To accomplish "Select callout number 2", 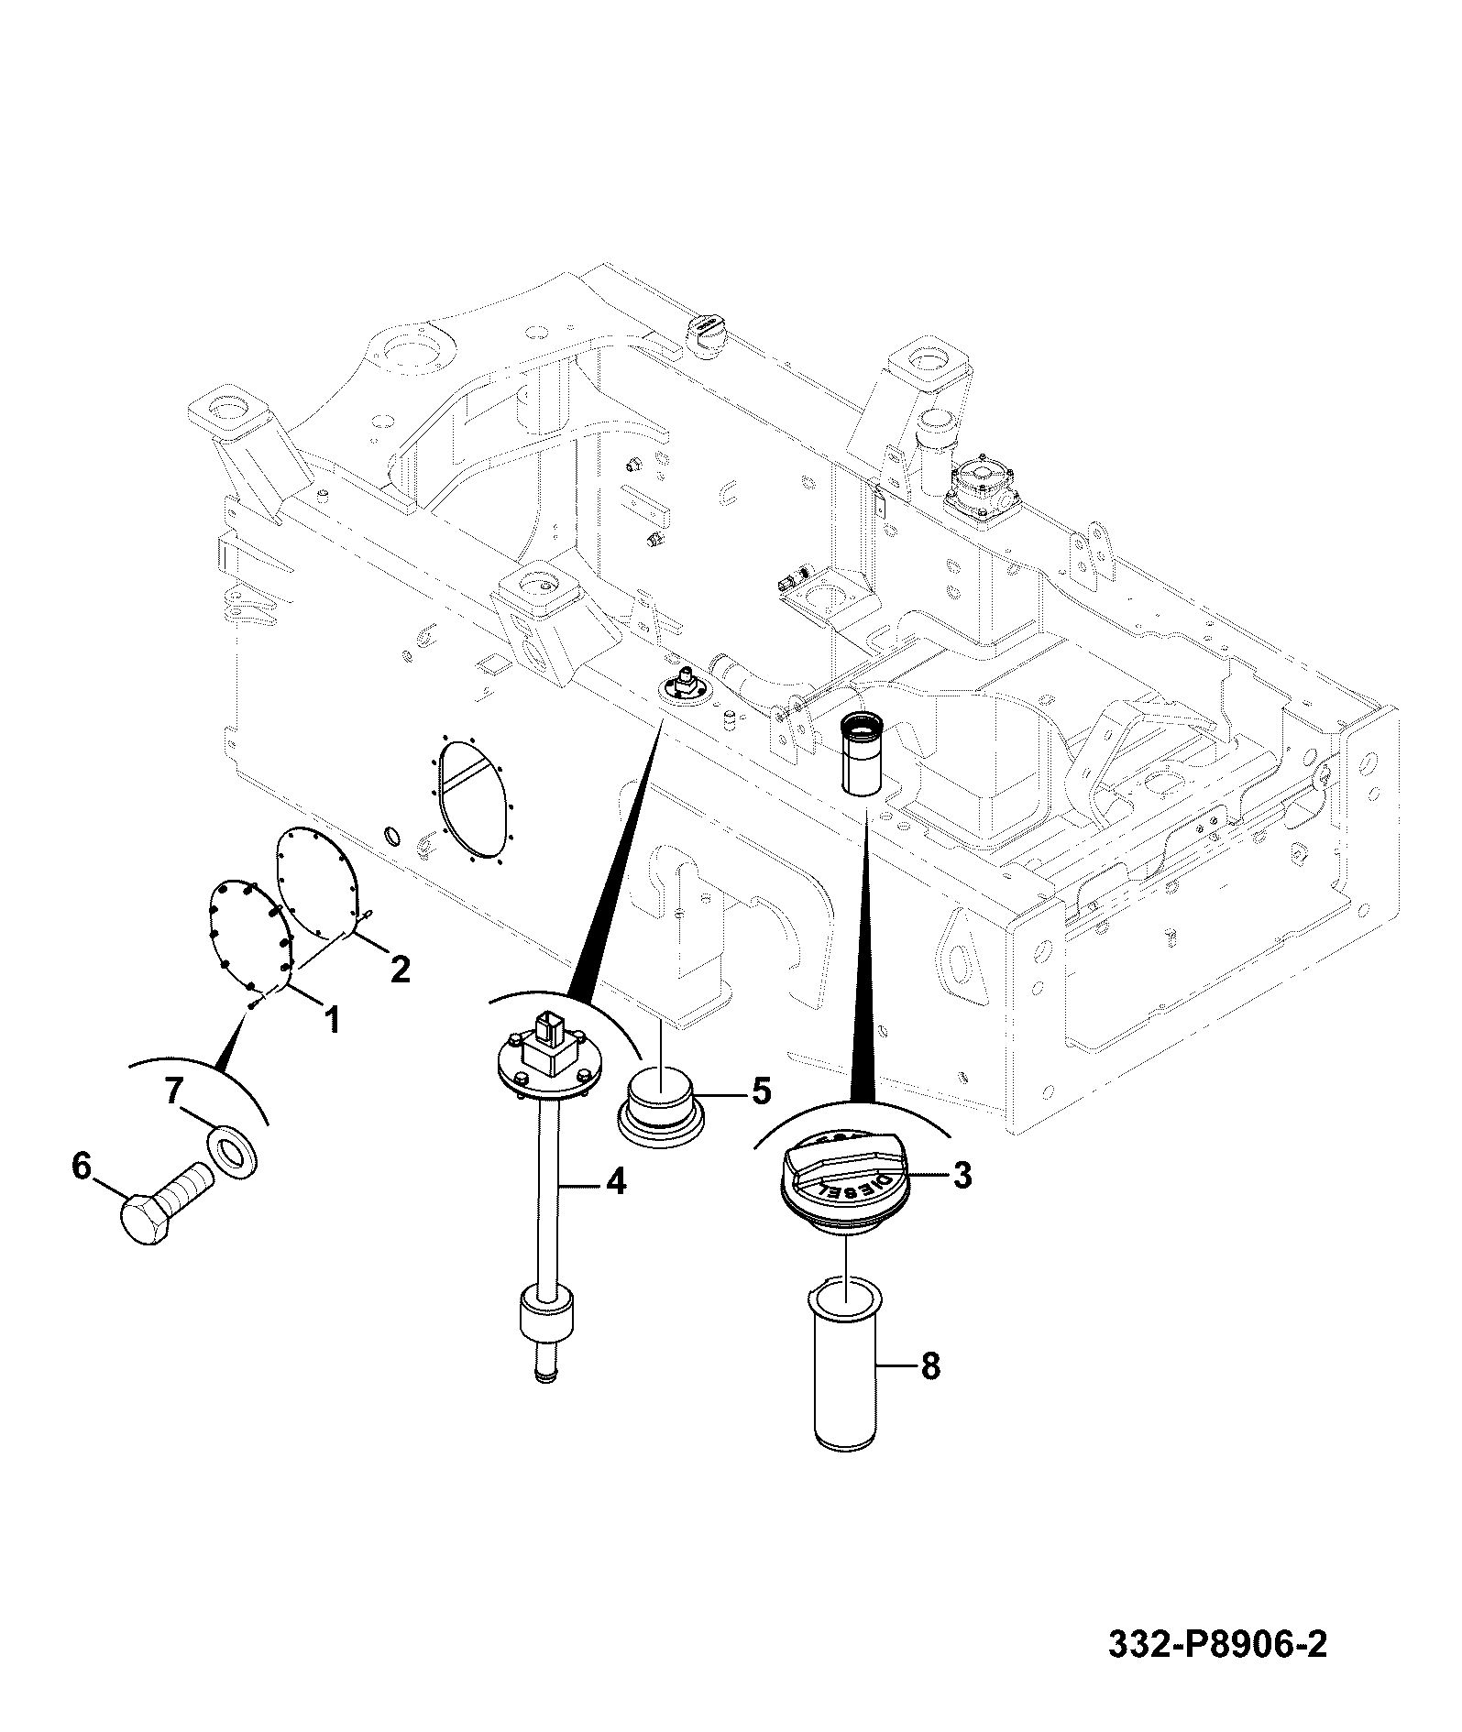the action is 400,969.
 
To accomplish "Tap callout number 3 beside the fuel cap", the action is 962,1174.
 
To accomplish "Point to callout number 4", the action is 616,1182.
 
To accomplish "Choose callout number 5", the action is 760,1091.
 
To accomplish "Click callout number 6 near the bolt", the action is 82,1167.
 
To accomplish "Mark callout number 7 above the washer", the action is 174,1091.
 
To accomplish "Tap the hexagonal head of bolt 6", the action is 146,1220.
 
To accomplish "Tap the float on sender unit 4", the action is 548,1314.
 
